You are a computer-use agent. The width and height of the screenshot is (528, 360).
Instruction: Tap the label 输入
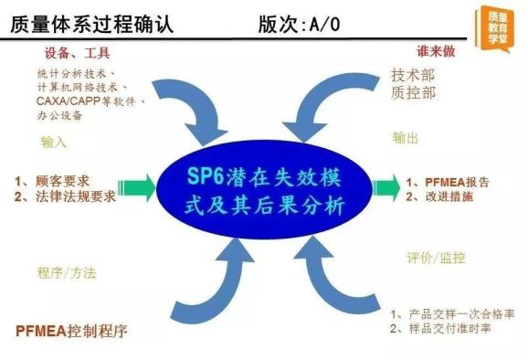pyautogui.click(x=54, y=142)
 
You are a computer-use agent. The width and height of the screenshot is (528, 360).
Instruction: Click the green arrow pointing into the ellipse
pyautogui.click(x=138, y=188)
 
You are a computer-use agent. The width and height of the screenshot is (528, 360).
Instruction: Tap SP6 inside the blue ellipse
pyautogui.click(x=208, y=177)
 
